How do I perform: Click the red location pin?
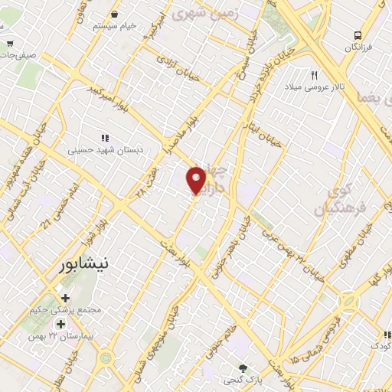[x=197, y=181]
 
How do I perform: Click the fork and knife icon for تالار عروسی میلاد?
[x=314, y=74]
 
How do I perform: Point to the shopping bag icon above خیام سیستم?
[x=115, y=14]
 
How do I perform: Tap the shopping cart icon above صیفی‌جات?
[x=9, y=44]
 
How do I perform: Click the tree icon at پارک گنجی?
[x=244, y=367]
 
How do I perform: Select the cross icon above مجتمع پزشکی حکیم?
[x=65, y=298]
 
